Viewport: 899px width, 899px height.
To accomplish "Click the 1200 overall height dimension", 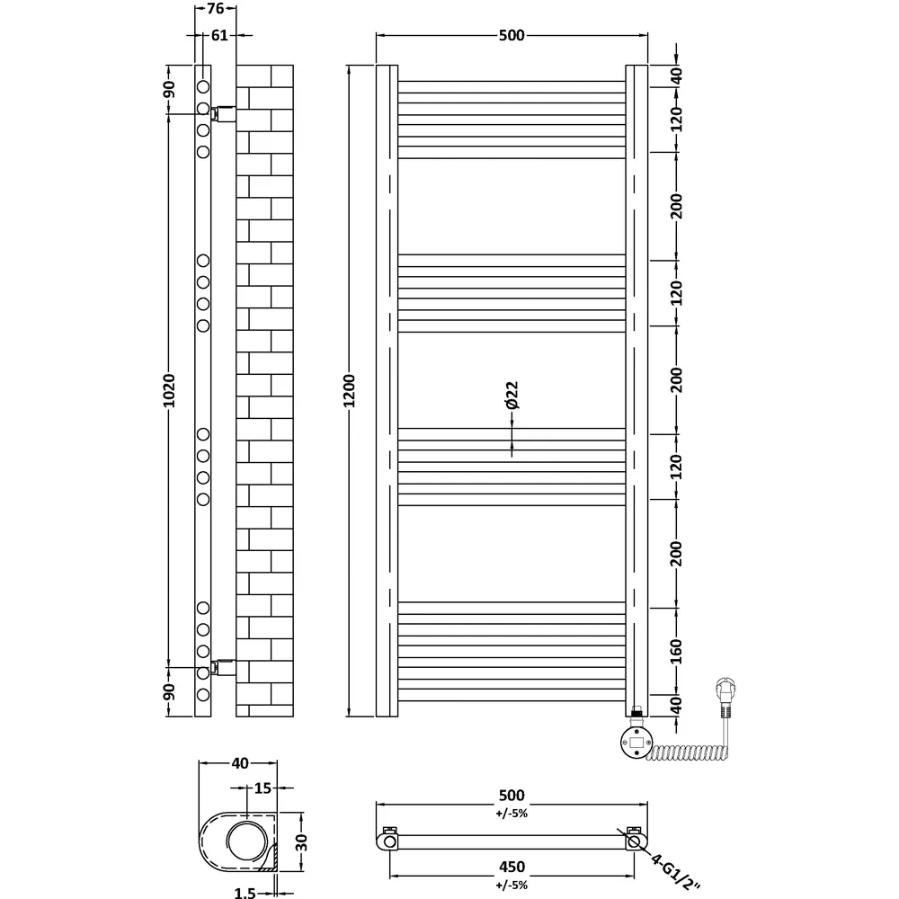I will click(351, 390).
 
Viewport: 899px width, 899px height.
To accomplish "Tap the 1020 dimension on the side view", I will click(170, 390).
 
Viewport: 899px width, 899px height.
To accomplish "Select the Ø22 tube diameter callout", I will click(512, 396).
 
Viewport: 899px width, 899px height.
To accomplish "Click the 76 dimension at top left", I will click(215, 10).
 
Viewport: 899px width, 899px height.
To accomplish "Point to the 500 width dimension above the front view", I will click(510, 35).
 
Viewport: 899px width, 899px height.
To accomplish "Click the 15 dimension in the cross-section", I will click(262, 788).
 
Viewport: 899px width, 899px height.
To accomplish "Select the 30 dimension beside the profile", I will click(302, 842).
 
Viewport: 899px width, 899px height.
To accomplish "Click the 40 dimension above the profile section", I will click(239, 764).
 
